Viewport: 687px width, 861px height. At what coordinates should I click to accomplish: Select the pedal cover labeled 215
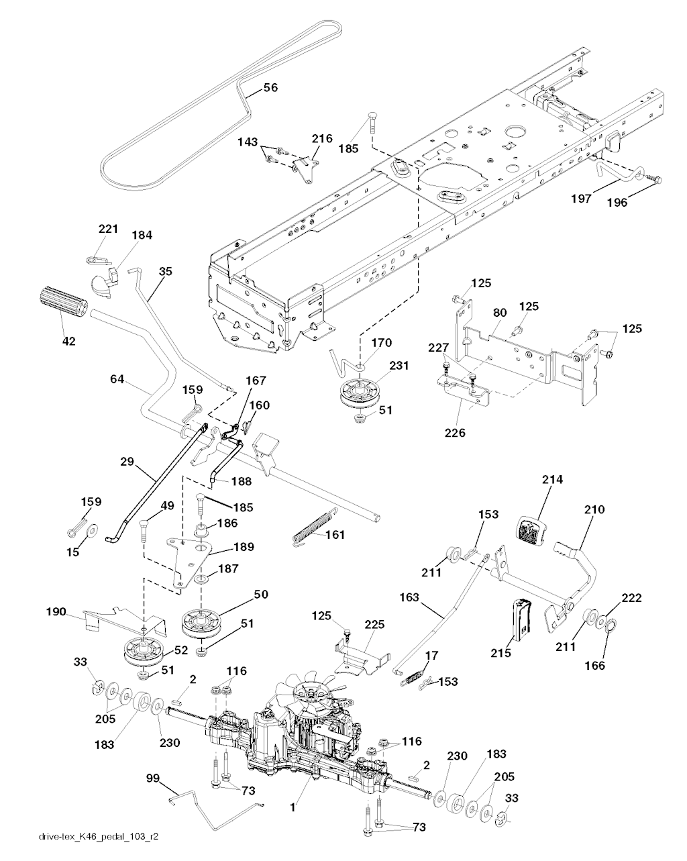521,615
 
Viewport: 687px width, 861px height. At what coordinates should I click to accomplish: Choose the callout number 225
374,624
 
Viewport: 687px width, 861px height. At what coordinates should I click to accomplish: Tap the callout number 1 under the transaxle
293,809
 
